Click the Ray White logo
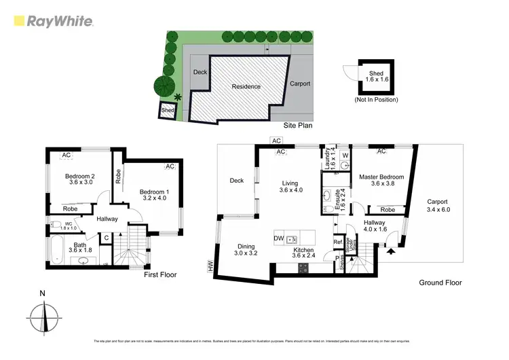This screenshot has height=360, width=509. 53,21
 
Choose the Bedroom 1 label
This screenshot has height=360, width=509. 153,195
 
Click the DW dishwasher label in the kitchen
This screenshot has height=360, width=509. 278,238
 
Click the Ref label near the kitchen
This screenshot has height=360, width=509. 337,242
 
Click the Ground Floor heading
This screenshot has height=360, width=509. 440,283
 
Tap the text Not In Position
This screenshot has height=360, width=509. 376,100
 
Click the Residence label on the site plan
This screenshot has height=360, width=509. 246,86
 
